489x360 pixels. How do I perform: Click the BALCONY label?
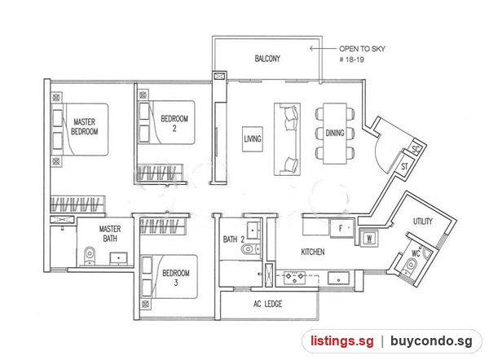[x=267, y=59]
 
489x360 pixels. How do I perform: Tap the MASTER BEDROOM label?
[x=85, y=126]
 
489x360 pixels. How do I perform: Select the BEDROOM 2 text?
[x=174, y=124]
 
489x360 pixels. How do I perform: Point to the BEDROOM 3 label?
[x=176, y=278]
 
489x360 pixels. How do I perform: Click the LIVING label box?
[x=253, y=139]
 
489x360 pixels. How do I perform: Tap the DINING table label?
[x=335, y=133]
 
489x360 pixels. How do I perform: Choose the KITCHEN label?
[x=313, y=252]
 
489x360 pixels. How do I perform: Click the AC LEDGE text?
[x=268, y=304]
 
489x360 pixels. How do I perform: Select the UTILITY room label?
[x=423, y=222]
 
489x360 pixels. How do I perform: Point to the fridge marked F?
[x=341, y=228]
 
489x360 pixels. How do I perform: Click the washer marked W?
[x=369, y=239]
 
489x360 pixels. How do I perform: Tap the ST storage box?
[x=405, y=166]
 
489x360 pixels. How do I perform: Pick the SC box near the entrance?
[x=416, y=149]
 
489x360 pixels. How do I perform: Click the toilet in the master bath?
[x=90, y=256]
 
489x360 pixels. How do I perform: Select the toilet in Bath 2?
[x=250, y=248]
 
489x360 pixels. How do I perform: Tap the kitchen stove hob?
[x=295, y=277]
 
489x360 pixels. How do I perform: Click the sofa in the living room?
[x=287, y=139]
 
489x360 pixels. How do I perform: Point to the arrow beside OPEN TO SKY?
[x=323, y=48]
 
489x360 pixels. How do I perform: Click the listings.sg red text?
[x=341, y=341]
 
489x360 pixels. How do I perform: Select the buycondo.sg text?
[x=431, y=341]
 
